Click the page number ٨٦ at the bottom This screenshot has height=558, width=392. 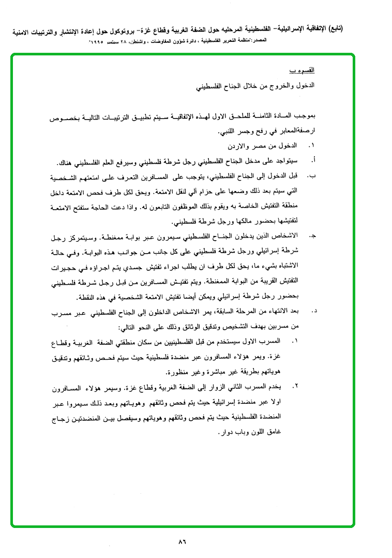coord(182,542)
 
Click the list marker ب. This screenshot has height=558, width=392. coord(311,177)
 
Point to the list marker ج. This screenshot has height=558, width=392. coord(312,236)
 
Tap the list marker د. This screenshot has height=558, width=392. coord(312,312)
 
